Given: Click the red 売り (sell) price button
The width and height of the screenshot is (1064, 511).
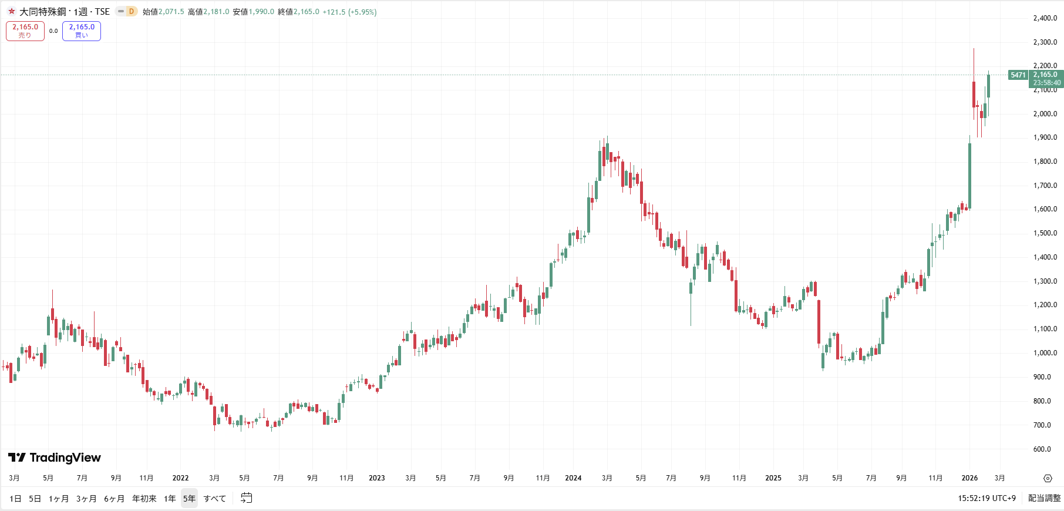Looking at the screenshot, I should (25, 31).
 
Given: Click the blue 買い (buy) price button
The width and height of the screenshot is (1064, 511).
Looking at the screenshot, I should (82, 31).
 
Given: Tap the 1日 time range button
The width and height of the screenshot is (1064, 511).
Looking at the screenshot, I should (15, 499).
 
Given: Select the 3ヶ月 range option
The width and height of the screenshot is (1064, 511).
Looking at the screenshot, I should (86, 499).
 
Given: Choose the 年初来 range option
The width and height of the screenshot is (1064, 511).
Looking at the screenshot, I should (144, 499).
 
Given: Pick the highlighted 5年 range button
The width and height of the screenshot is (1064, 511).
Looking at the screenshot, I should (189, 499).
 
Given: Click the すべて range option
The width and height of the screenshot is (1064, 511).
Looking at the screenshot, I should (214, 499).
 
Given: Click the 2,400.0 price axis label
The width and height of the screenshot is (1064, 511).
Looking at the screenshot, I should (1045, 18).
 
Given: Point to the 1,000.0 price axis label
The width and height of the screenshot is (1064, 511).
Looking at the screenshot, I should (1045, 353).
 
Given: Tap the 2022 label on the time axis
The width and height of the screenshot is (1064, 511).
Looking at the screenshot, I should (180, 478).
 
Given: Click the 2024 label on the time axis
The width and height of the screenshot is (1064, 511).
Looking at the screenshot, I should (573, 478).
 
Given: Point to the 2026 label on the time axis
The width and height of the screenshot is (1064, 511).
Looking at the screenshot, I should (969, 478).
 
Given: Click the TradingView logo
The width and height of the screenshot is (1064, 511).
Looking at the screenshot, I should (55, 458).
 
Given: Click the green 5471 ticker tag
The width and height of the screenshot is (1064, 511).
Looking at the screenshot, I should (1018, 75).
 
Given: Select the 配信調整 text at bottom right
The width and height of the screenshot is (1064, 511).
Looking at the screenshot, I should (1044, 498).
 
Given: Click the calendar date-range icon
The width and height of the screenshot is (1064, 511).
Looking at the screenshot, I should (247, 498).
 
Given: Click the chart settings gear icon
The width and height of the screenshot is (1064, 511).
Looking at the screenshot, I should (1048, 478).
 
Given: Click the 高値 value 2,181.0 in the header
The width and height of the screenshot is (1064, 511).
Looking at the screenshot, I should (216, 12).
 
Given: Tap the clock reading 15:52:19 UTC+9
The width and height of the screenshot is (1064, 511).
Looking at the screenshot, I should (986, 498).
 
